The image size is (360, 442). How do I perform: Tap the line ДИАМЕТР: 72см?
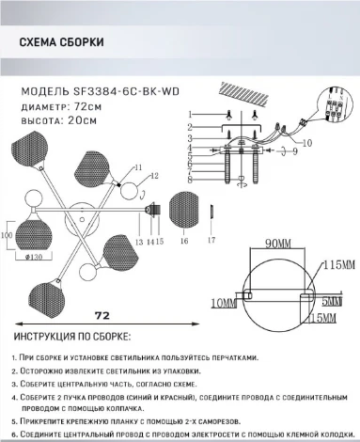pyautogui.click(x=57, y=107)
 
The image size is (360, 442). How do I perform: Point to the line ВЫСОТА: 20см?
pyautogui.click(x=57, y=120)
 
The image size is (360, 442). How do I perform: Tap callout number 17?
pyautogui.click(x=212, y=242)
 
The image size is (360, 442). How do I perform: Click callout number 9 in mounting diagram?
pyautogui.click(x=294, y=150)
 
